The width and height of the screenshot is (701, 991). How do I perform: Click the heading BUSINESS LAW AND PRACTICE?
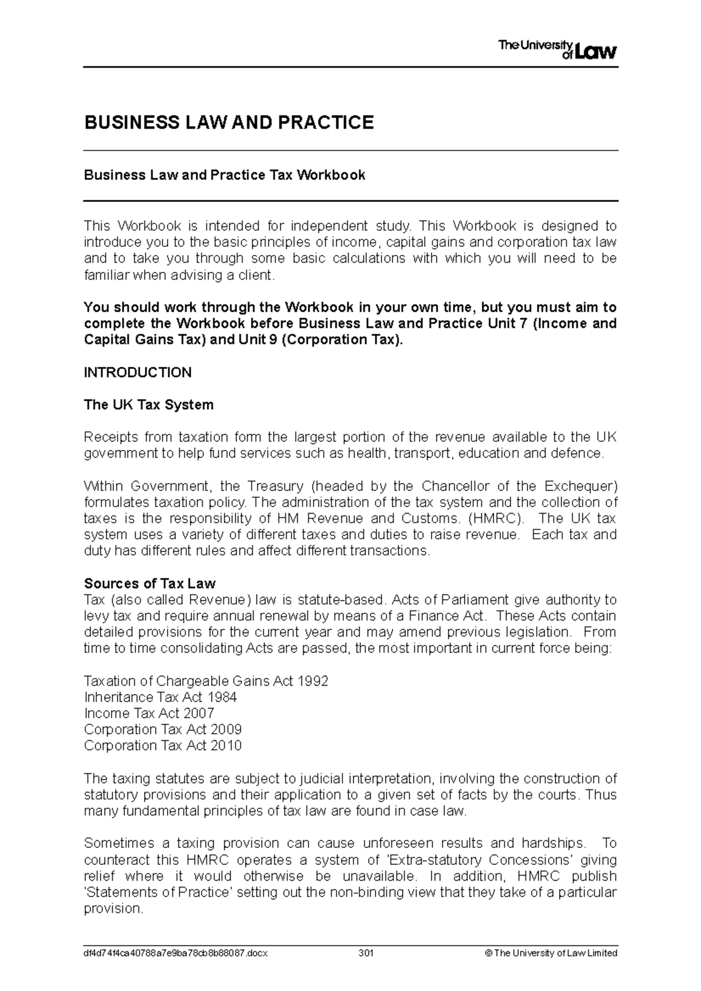click(229, 123)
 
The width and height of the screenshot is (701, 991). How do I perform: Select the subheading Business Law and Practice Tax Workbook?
click(224, 175)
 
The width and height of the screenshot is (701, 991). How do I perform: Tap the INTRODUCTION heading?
click(137, 372)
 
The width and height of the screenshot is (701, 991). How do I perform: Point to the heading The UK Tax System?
click(148, 405)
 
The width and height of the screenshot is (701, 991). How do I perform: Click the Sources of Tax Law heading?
click(150, 584)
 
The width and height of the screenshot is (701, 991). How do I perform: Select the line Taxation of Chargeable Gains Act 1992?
click(206, 681)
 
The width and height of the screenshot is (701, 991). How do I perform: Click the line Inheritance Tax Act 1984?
click(160, 697)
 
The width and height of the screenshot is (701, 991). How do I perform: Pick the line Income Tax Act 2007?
click(149, 713)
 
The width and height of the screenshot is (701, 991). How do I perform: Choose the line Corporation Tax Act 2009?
click(162, 730)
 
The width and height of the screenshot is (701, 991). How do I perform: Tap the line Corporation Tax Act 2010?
click(162, 746)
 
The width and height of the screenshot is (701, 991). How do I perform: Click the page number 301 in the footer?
click(366, 953)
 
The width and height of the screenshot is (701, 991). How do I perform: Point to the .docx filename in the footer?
click(175, 953)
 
